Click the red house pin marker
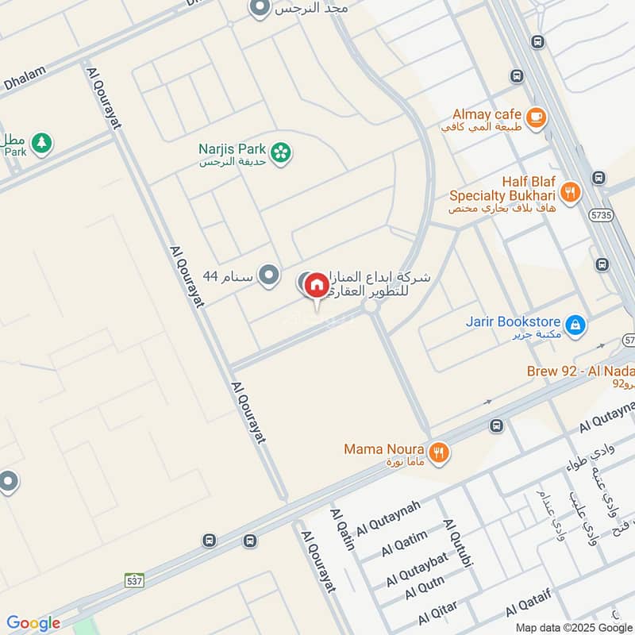[316, 284]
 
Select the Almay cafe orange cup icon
[537, 117]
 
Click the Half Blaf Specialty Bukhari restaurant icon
[569, 191]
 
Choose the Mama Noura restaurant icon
[438, 453]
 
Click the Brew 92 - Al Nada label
[580, 371]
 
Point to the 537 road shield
[134, 581]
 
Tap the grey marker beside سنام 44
[270, 275]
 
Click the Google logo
[33, 623]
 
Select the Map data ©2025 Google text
[583, 627]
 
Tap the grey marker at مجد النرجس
[259, 9]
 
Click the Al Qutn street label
[425, 589]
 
